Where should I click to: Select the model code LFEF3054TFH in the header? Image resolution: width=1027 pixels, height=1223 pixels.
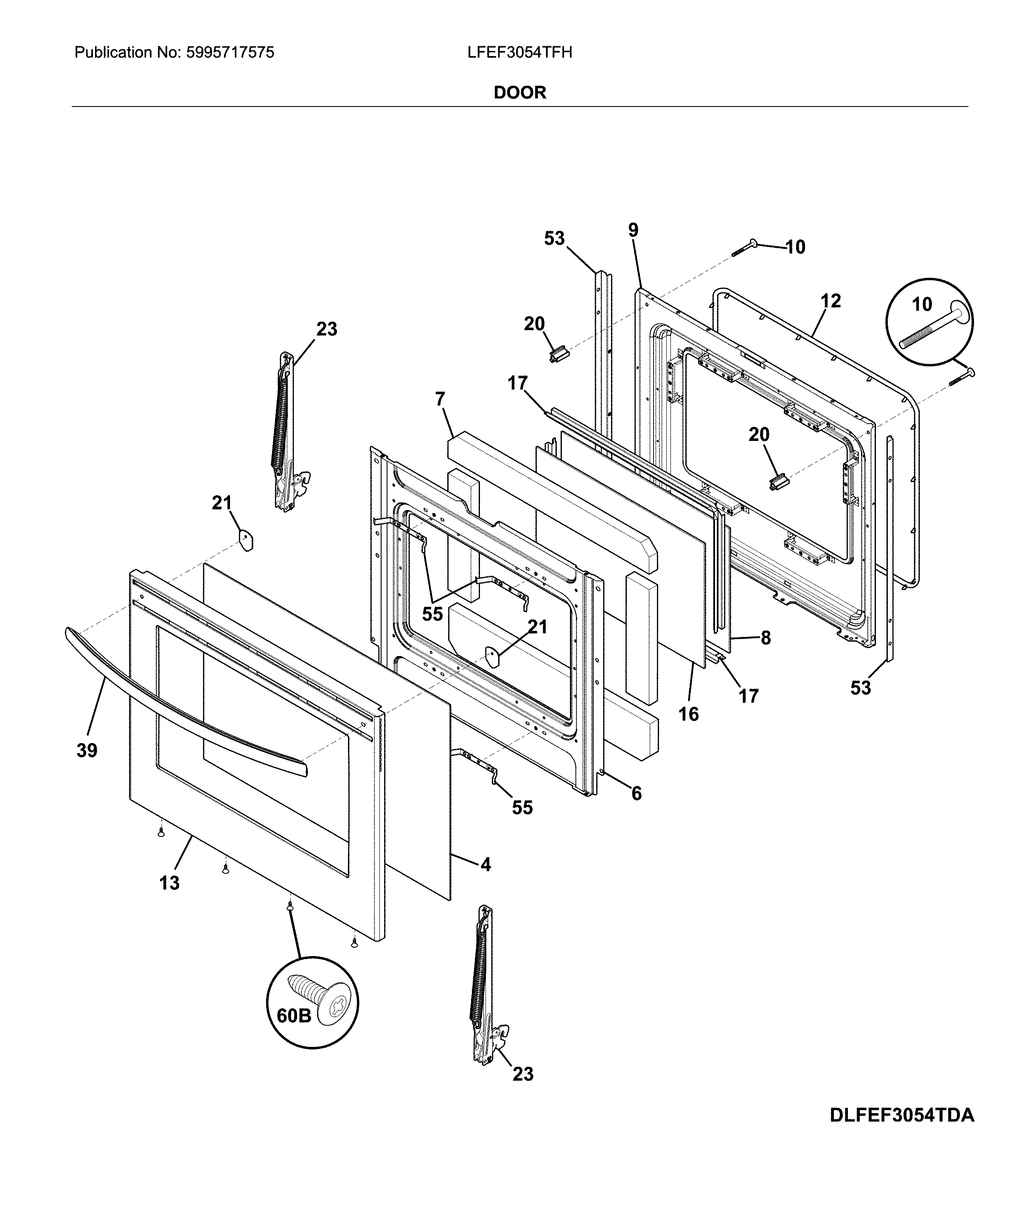pyautogui.click(x=519, y=53)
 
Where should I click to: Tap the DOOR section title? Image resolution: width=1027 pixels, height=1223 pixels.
pyautogui.click(x=519, y=93)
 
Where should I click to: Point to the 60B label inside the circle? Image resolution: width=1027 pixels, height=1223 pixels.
pyautogui.click(x=294, y=1015)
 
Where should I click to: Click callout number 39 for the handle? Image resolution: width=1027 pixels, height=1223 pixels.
pyautogui.click(x=87, y=750)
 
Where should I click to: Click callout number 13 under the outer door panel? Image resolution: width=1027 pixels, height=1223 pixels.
pyautogui.click(x=169, y=883)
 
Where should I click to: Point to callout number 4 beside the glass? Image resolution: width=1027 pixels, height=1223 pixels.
pyautogui.click(x=485, y=865)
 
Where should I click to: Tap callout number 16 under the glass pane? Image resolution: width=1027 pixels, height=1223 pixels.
pyautogui.click(x=688, y=714)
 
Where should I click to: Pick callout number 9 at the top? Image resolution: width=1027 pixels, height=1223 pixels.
pyautogui.click(x=633, y=230)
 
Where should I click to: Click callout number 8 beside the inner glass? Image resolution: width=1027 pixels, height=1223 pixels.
pyautogui.click(x=766, y=638)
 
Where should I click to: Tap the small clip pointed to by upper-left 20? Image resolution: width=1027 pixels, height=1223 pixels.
pyautogui.click(x=558, y=354)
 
